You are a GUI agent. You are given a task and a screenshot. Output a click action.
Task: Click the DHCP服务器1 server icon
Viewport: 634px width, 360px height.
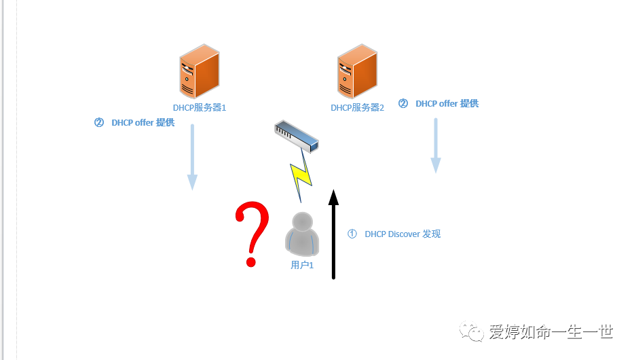point(199,72)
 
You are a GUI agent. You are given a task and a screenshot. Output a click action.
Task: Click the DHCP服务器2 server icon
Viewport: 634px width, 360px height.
point(356,73)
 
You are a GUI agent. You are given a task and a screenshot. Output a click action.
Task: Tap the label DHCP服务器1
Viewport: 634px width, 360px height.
point(200,107)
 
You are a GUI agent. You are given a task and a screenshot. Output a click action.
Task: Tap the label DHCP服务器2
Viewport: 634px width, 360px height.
point(358,107)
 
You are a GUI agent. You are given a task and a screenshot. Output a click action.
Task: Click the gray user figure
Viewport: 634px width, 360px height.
point(302,234)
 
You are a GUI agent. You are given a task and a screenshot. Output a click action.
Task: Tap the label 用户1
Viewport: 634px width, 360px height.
point(302,265)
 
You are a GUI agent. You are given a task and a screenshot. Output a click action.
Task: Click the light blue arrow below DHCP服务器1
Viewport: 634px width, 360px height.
point(193,156)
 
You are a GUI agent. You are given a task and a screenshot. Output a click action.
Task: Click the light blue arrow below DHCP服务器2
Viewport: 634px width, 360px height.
point(436,145)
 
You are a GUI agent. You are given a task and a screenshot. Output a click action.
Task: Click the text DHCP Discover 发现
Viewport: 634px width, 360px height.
point(403,234)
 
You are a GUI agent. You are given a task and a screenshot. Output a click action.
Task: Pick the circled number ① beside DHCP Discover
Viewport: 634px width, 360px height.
point(352,234)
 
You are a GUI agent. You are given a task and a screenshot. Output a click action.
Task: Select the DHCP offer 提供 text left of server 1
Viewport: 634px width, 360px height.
point(143,123)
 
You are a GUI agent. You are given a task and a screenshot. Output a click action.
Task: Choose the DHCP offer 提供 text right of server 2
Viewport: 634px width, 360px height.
point(447,104)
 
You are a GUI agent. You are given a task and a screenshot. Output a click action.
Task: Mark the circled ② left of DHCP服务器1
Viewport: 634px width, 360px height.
point(99,123)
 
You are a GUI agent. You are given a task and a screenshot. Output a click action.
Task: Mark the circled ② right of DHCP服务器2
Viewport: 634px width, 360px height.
point(403,104)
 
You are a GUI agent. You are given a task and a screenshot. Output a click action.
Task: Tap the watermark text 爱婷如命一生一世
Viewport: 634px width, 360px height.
point(551,332)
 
